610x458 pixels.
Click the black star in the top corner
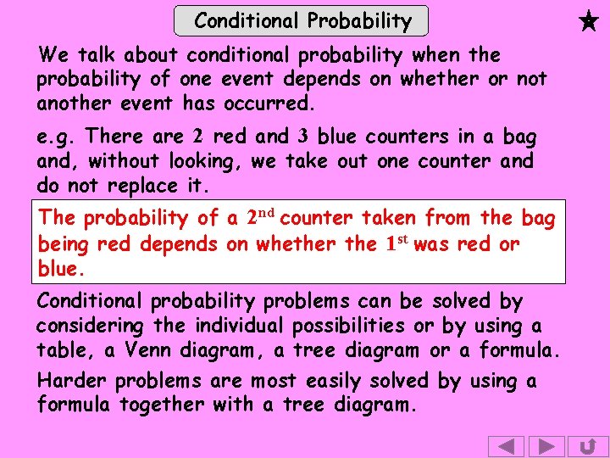point(590,20)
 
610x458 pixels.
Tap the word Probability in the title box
point(359,20)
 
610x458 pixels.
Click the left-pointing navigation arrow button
point(507,446)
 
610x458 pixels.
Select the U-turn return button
point(587,446)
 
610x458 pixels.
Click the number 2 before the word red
point(197,136)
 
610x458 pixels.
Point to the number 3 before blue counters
point(302,136)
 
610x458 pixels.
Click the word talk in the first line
point(97,56)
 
